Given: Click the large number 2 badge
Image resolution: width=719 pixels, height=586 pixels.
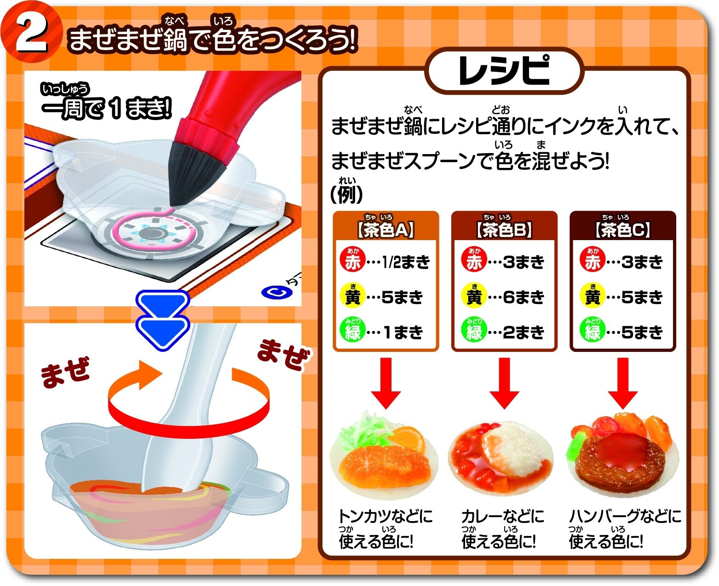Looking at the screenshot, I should pyautogui.click(x=31, y=33).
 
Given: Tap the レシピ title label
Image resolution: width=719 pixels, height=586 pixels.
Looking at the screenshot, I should pyautogui.click(x=504, y=71).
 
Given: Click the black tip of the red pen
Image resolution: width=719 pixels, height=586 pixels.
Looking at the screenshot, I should pyautogui.click(x=190, y=172).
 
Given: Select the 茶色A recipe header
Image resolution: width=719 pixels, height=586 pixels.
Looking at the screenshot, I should pyautogui.click(x=385, y=229).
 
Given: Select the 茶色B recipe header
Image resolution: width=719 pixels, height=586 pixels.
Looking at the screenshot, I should pyautogui.click(x=504, y=229).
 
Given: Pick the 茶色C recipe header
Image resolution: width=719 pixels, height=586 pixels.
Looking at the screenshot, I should pyautogui.click(x=622, y=229).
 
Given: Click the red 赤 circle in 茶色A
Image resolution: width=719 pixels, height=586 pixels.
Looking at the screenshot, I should pyautogui.click(x=352, y=261).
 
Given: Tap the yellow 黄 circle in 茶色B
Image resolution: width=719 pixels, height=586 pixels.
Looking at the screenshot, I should pyautogui.click(x=474, y=296).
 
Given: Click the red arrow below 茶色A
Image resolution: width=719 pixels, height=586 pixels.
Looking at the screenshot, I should pyautogui.click(x=385, y=383).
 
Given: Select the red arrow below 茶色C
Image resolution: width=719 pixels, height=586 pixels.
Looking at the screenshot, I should pyautogui.click(x=622, y=383).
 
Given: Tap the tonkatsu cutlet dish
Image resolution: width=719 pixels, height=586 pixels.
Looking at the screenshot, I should pyautogui.click(x=384, y=465).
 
